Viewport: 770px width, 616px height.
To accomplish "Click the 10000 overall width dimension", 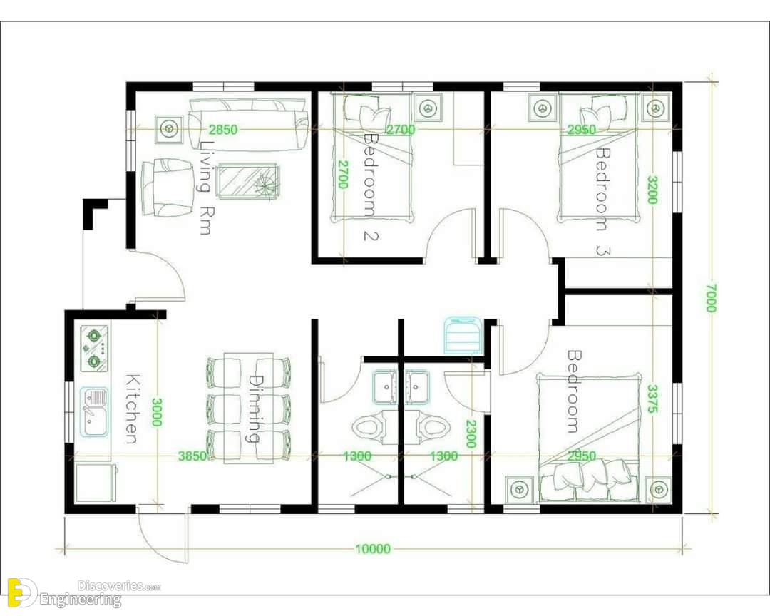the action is click(373, 549).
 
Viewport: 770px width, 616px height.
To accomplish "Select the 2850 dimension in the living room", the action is click(223, 130).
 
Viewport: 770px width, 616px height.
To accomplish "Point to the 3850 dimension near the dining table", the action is click(192, 456).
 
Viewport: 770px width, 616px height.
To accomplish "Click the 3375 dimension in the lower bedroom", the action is click(652, 399).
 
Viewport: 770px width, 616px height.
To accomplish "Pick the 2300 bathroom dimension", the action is click(471, 433).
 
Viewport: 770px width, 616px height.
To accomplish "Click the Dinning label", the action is click(255, 409).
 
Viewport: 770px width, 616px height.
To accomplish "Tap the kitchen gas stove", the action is click(94, 348).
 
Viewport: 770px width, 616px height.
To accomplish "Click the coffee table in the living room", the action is click(249, 181).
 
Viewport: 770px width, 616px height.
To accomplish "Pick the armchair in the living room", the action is click(168, 188).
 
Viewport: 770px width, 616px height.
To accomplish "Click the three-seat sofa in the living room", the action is click(248, 125).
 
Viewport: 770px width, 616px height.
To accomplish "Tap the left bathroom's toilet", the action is click(368, 428).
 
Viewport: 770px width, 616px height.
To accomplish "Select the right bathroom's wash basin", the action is click(417, 386).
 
